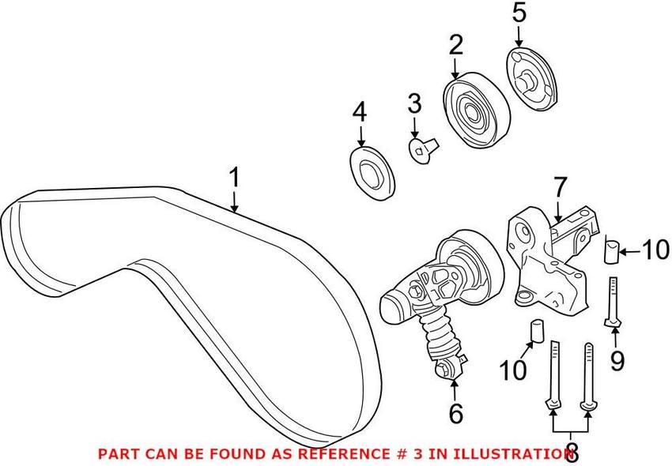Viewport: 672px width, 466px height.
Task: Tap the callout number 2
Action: click(455, 45)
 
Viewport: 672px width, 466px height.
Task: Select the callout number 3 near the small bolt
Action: click(415, 103)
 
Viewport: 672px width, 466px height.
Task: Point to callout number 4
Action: click(360, 113)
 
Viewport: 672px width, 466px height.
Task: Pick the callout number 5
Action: click(518, 13)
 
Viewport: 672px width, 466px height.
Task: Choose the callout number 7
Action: click(560, 188)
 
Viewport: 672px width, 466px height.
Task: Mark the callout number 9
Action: click(616, 361)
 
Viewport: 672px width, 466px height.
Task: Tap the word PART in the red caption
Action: click(113, 453)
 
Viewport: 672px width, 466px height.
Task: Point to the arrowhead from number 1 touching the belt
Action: click(235, 210)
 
